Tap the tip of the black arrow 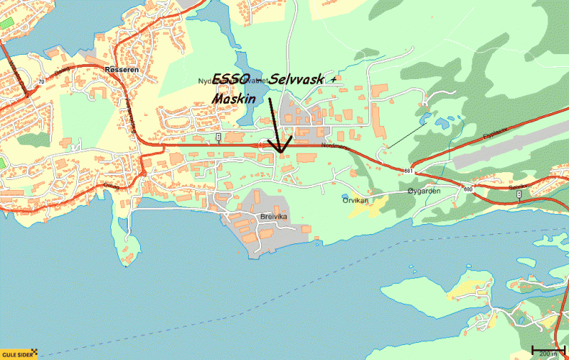pyautogui.click(x=281, y=152)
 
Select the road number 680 pyautogui.click(x=467, y=189)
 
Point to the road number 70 pyautogui.click(x=42, y=82)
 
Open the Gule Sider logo pyautogui.click(x=18, y=354)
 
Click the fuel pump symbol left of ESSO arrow pyautogui.click(x=218, y=136)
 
